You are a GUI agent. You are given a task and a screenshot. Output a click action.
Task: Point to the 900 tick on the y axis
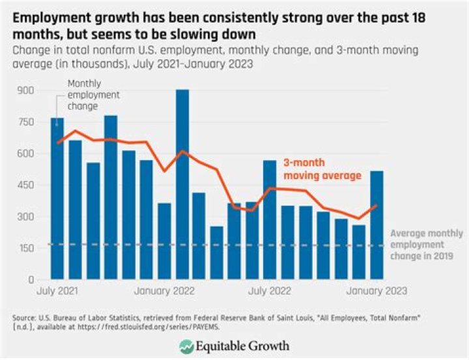coord(29,90)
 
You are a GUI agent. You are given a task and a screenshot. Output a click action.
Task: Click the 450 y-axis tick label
coord(29,186)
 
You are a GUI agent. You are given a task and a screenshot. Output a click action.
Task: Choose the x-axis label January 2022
coord(165,291)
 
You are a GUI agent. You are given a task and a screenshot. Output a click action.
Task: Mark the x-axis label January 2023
coord(377,291)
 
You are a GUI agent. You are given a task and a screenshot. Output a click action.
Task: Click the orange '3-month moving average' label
coord(322,169)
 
